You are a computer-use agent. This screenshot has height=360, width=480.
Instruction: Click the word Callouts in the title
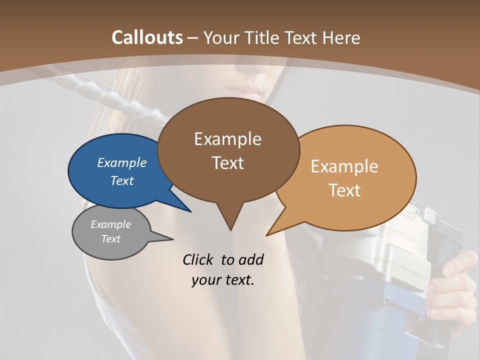point(147,37)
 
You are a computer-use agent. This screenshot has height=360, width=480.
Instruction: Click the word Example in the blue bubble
point(121,162)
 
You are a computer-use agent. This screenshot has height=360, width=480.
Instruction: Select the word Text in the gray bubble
point(111,239)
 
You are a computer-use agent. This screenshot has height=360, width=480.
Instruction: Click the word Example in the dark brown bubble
point(227,139)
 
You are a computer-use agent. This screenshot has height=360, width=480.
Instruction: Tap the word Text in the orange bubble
point(344,190)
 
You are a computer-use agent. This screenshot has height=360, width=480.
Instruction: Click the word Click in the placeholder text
point(198,259)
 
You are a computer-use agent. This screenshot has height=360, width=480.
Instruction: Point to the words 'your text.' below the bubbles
point(223,280)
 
